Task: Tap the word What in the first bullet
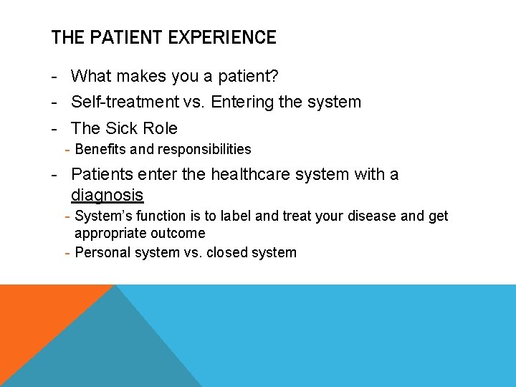[x=91, y=76]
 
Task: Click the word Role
[x=161, y=128]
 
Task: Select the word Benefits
[x=100, y=149]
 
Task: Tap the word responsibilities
[x=204, y=149]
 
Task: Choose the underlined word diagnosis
[x=107, y=195]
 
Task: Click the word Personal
[x=101, y=252]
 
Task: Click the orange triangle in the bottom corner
[x=36, y=315]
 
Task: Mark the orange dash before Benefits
[x=67, y=149]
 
